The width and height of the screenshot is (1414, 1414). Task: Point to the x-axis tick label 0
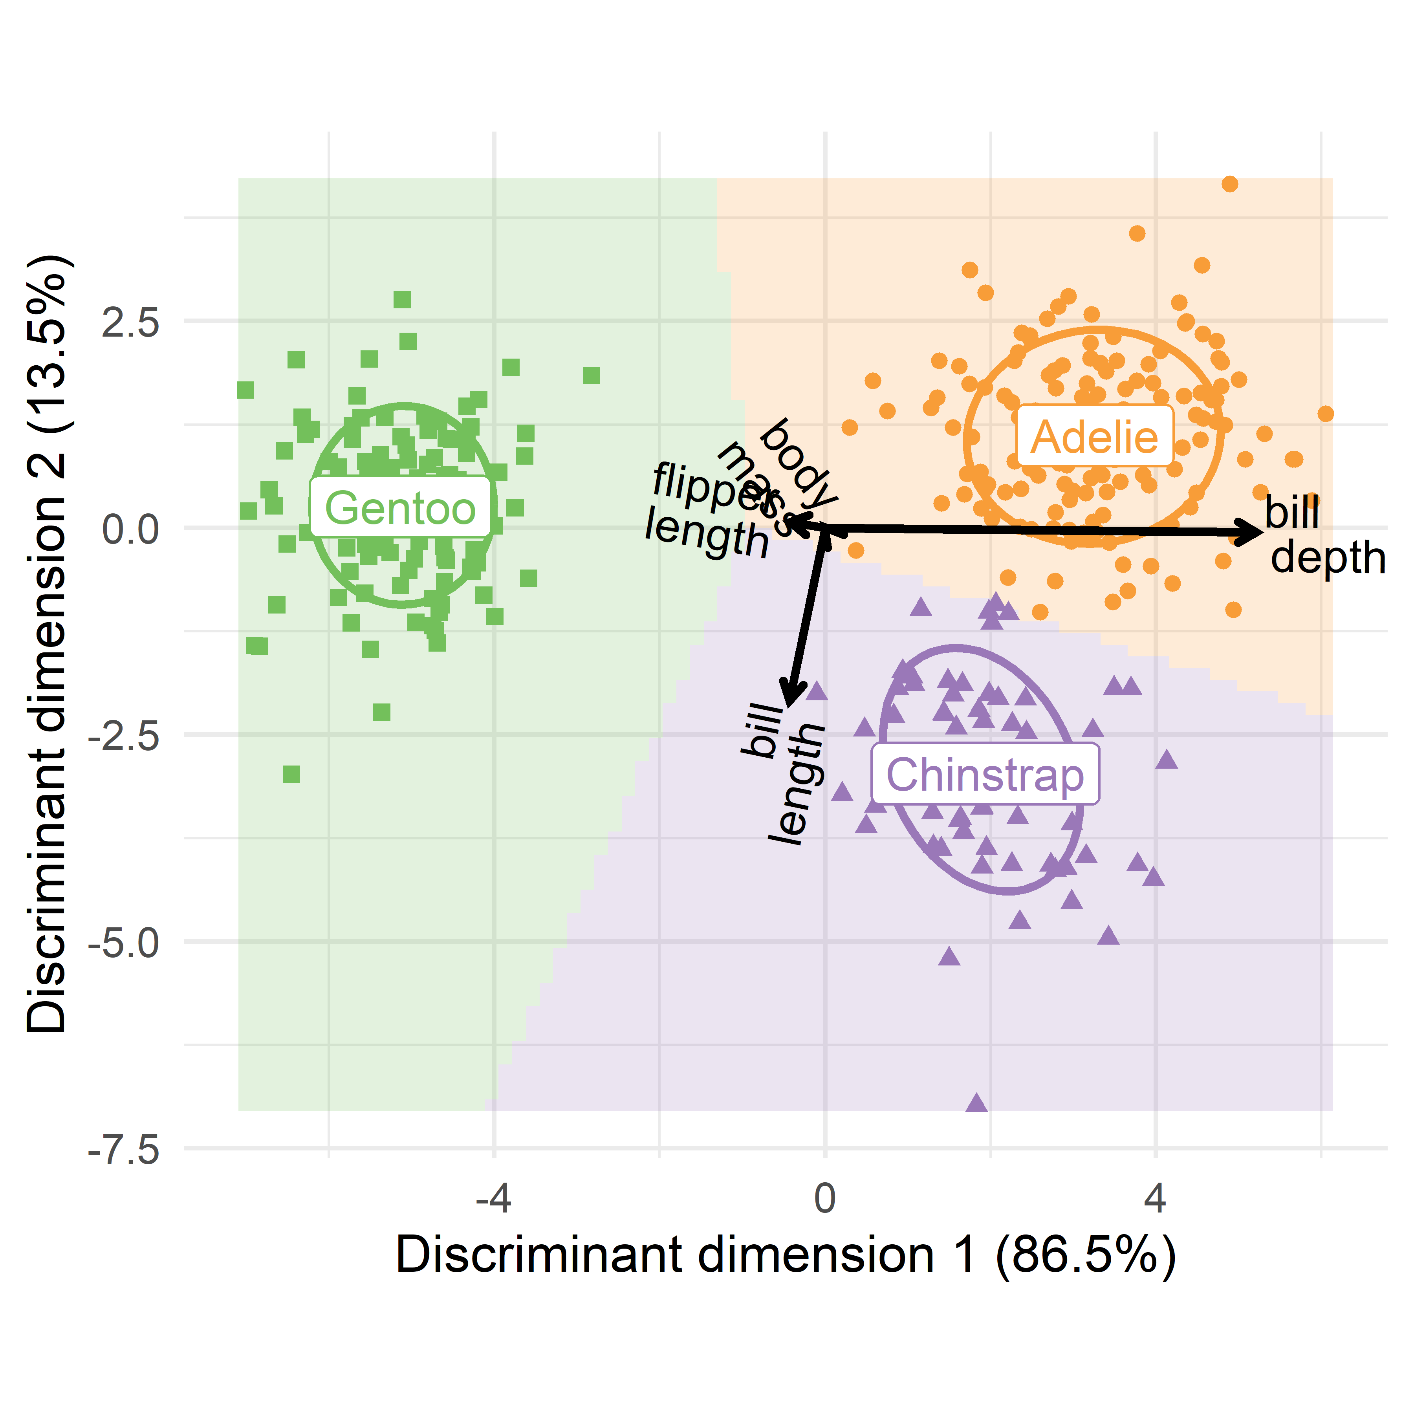[825, 1199]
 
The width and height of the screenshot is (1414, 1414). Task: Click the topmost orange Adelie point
[1229, 184]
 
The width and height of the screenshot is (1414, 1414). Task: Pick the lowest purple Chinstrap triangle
[976, 1103]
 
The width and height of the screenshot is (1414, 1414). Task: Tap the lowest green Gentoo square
[291, 774]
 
